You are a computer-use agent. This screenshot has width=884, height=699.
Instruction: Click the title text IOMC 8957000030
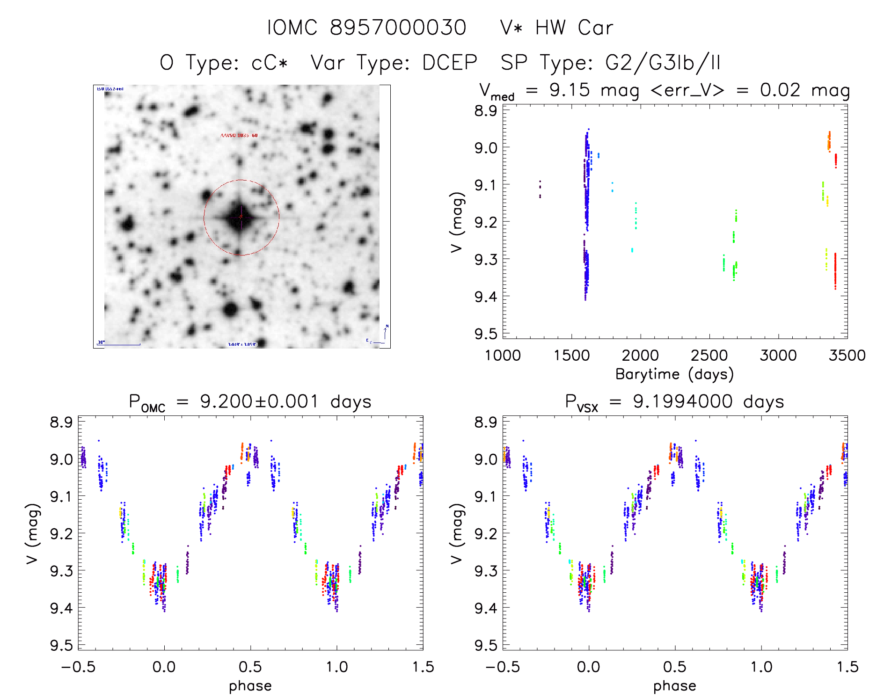[366, 28]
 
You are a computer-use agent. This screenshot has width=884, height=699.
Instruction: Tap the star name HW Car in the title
[574, 28]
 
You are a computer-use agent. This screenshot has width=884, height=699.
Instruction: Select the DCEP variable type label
[449, 63]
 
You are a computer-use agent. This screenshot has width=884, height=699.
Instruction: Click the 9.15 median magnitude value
[570, 90]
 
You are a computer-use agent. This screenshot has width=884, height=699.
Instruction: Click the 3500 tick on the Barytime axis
[847, 355]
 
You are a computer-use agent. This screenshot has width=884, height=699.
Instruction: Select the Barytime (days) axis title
[674, 374]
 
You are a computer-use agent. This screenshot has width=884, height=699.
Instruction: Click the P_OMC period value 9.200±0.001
[259, 401]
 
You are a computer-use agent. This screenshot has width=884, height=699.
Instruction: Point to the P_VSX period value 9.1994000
[683, 401]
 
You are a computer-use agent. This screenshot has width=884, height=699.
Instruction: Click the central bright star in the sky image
[241, 217]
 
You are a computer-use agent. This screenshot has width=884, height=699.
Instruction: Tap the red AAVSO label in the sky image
[239, 135]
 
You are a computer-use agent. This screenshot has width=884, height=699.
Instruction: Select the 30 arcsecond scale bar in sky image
[119, 344]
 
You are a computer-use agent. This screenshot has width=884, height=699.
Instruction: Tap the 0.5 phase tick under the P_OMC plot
[250, 667]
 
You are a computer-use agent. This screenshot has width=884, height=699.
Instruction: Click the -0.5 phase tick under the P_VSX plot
[503, 667]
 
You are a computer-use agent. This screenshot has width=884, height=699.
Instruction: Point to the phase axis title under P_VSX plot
[674, 686]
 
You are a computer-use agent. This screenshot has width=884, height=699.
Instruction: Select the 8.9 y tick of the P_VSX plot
[485, 422]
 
